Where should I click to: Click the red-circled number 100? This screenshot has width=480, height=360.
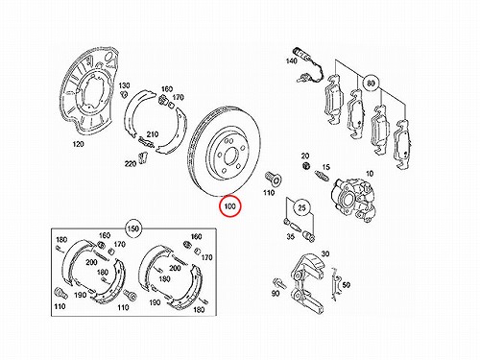[229, 206]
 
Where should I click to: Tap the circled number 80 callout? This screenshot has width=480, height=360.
[371, 84]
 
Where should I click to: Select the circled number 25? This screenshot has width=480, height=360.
[301, 207]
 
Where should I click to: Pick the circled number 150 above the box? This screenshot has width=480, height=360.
[133, 228]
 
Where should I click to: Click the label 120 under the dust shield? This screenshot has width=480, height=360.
[78, 144]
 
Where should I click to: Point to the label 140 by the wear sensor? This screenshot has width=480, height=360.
[291, 60]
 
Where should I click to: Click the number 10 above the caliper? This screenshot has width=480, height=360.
[370, 174]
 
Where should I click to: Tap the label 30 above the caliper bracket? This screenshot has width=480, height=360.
[325, 253]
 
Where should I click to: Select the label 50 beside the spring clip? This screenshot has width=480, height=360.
[347, 284]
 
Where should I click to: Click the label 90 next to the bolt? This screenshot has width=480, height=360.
[276, 293]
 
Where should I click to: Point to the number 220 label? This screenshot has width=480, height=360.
[131, 164]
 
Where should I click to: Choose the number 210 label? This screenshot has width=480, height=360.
[153, 134]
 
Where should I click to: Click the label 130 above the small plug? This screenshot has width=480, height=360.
[124, 85]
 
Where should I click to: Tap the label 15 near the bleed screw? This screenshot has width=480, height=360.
[325, 167]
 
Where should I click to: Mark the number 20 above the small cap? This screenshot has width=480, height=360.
[305, 156]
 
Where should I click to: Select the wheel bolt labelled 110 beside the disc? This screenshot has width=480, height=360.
[272, 179]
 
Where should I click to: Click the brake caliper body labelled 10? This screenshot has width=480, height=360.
[353, 199]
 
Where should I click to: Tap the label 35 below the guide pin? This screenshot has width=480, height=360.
[290, 237]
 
